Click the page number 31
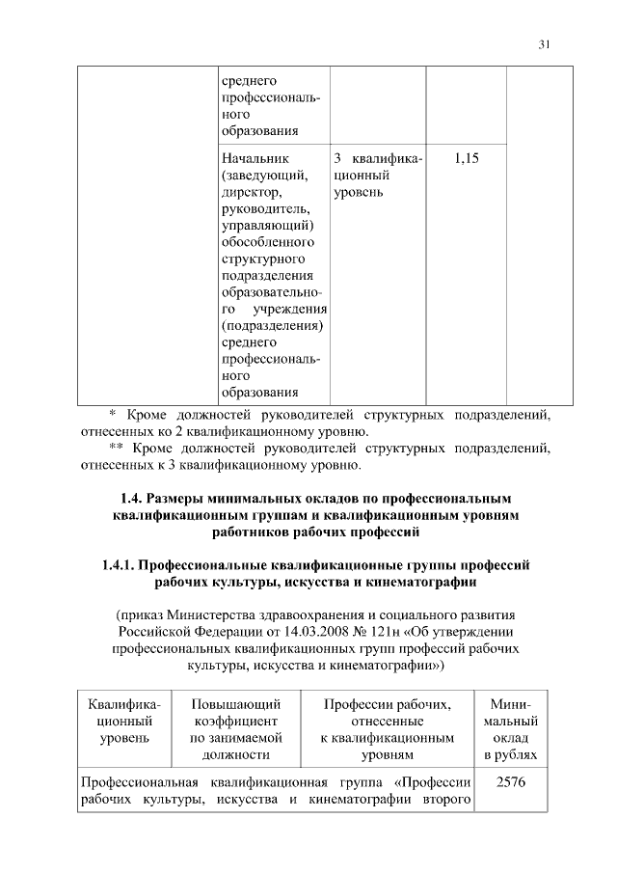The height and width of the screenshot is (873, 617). click(x=545, y=43)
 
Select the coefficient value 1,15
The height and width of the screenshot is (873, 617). click(x=466, y=157)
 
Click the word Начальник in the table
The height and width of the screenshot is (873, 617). click(x=255, y=157)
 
